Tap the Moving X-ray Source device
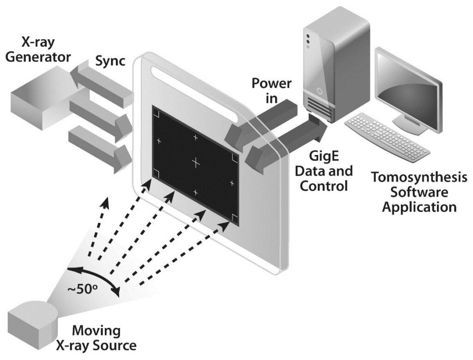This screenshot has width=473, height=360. [32, 318]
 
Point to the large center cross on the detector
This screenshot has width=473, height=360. [196, 162]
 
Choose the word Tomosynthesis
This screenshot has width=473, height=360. [419, 177]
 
